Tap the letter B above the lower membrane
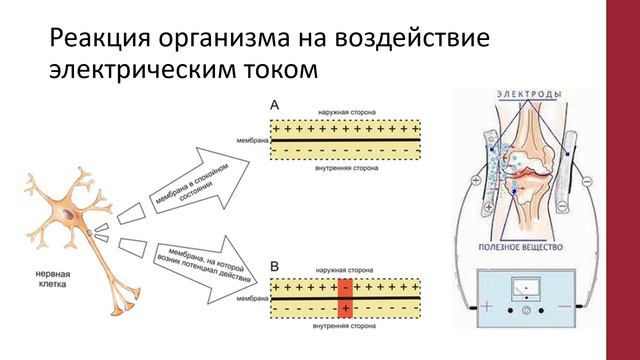pyautogui.click(x=276, y=267)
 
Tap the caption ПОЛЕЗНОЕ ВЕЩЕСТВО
pyautogui.click(x=528, y=246)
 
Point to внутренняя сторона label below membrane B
pyautogui.click(x=344, y=326)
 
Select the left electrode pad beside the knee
pyautogui.click(x=491, y=165)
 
